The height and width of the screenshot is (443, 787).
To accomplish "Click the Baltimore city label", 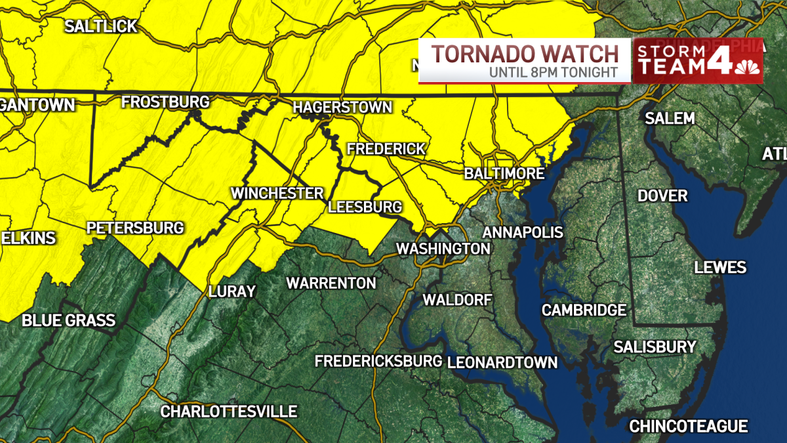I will pos(504,174).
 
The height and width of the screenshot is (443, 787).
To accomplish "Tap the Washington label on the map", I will pos(443,249).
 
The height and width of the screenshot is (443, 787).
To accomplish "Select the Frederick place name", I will pos(386,149).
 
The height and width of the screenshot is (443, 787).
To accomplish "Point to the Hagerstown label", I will pos(342,107).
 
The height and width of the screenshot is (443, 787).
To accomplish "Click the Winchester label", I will pos(277,194).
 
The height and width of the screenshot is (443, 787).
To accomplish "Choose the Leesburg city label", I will pos(365,207).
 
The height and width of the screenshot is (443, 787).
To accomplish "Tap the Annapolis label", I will pos(523,232).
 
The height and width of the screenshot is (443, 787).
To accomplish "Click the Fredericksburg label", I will pos(378,361).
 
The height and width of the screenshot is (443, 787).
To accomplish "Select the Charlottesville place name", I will pos(229,411).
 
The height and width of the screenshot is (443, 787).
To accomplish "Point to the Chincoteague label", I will pos(689,427).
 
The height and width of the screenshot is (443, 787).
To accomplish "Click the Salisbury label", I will pos(655,347).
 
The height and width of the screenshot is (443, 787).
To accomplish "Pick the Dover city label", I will pos(663,196).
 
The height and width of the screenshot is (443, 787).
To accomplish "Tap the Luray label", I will pos(232,291).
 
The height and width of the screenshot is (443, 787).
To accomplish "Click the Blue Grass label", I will pos(68,321).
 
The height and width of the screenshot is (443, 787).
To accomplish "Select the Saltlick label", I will pos(101,26).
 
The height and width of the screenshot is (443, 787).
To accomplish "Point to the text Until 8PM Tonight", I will pos(553,72).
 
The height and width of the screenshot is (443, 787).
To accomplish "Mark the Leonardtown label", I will pos(502,362).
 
